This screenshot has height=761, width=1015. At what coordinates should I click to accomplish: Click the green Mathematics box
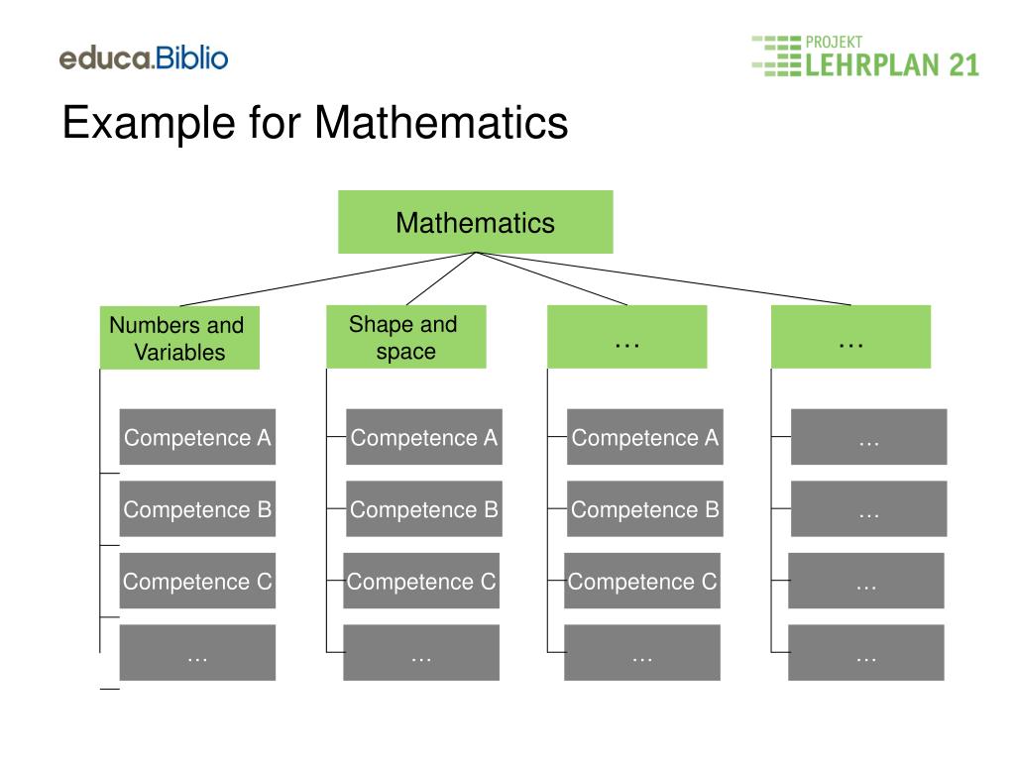[x=476, y=222]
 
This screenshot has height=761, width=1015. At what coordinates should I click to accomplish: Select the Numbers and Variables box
[x=179, y=338]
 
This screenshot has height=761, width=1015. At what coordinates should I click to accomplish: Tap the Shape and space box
[x=405, y=337]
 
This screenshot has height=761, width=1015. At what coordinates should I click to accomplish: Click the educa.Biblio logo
[x=144, y=57]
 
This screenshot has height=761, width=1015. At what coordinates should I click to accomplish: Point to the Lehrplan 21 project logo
[x=864, y=56]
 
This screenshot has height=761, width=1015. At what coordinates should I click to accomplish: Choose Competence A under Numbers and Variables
[x=197, y=437]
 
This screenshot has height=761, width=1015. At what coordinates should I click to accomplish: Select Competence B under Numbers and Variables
[x=197, y=509]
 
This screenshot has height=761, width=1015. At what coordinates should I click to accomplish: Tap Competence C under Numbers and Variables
[x=197, y=582]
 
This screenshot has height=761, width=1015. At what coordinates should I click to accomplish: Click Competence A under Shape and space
[x=424, y=437]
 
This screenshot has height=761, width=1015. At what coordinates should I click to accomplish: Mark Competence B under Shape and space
[x=424, y=509]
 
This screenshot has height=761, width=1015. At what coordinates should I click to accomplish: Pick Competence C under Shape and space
[x=421, y=582]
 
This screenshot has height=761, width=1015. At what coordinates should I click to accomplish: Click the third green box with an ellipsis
[x=626, y=337]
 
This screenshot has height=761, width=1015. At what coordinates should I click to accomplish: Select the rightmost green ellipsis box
[x=850, y=337]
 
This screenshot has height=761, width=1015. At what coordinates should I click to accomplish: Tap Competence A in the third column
[x=645, y=437]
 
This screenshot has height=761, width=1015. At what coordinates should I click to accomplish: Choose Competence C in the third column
[x=642, y=582]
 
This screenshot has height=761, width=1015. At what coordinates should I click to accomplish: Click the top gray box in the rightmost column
[x=868, y=437]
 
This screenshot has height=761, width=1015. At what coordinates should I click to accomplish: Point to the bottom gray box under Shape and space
[x=421, y=653]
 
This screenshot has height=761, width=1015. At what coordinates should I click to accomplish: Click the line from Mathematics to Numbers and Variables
[x=327, y=279]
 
